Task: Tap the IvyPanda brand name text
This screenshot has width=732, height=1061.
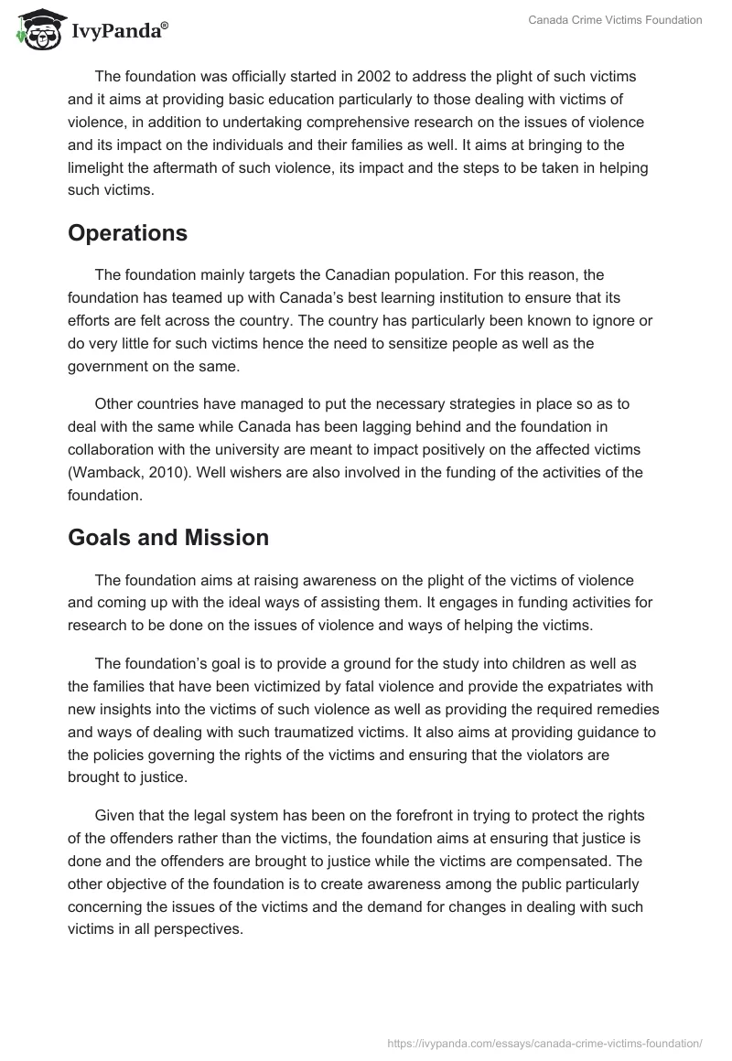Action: (x=119, y=32)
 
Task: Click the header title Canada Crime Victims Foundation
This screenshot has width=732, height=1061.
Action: (x=615, y=20)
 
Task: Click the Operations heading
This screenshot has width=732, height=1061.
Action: (x=127, y=232)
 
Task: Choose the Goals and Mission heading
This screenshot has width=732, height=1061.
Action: (x=168, y=538)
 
